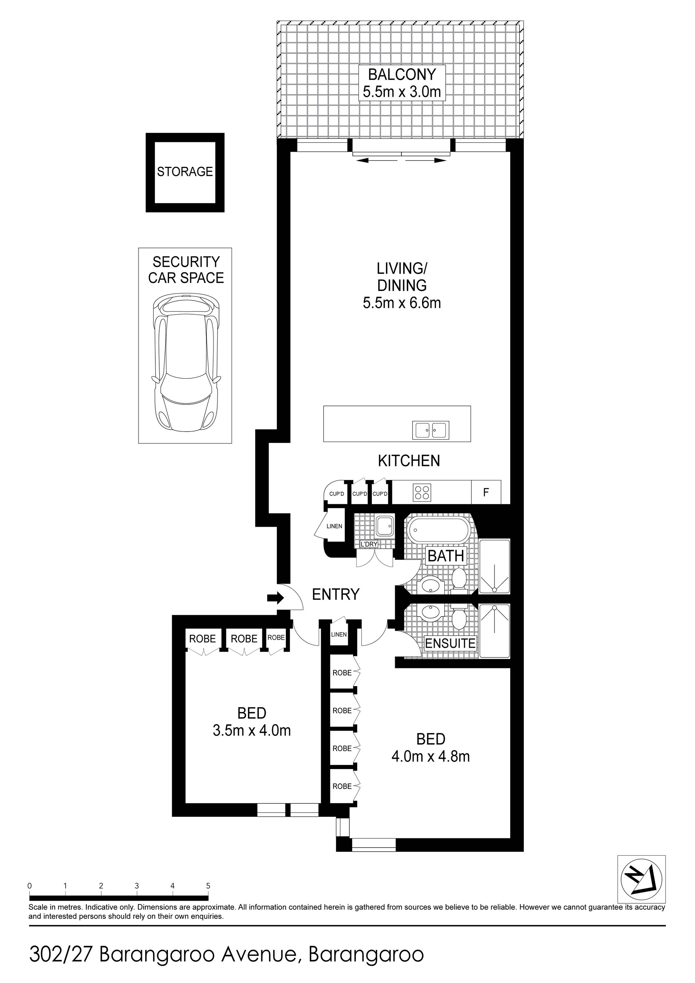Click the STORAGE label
coord(185,172)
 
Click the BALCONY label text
coord(402,75)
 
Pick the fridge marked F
coord(486,492)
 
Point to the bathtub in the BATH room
coord(438,531)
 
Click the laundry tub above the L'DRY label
coord(384,526)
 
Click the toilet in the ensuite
coord(460,617)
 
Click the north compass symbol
coord(641,883)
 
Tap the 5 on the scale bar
coord(208,886)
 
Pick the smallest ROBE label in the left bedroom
coord(276,638)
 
